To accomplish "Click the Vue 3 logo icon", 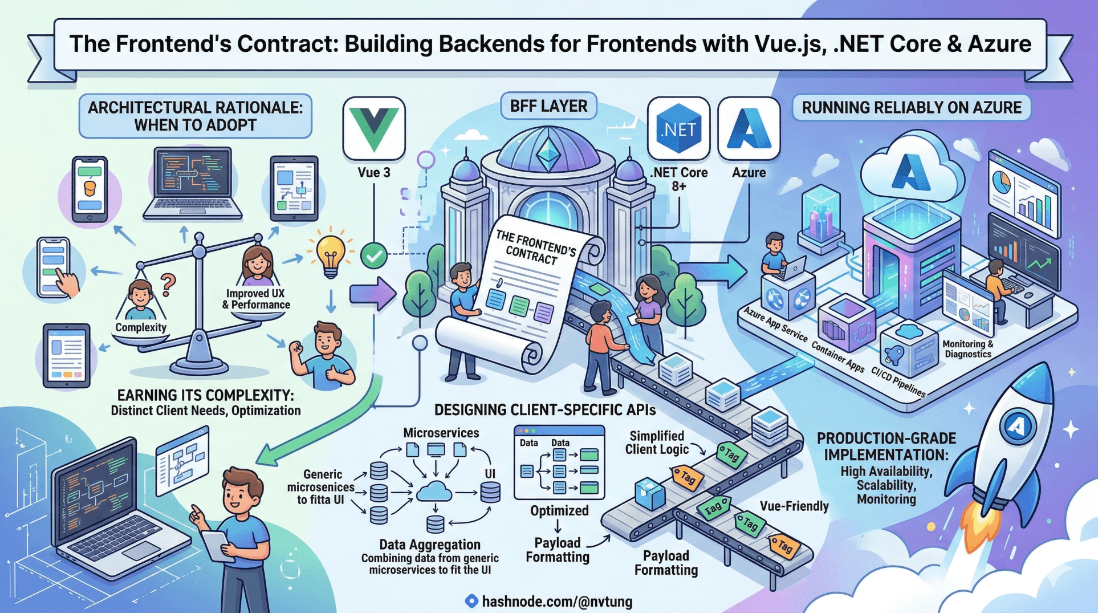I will [374, 129].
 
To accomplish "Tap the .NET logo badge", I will [678, 129].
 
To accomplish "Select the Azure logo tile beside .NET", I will [749, 129].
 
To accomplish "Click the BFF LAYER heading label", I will [548, 106].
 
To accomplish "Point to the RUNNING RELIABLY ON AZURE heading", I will [911, 108].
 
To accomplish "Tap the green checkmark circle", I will [374, 257].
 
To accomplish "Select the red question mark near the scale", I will [168, 284].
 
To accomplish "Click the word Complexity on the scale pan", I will [141, 327].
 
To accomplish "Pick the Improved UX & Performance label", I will [256, 299].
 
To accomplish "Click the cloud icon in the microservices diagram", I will [435, 491].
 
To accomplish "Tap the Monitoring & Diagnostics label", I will [967, 349].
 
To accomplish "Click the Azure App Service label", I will [775, 324].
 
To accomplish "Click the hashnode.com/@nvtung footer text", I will [556, 602].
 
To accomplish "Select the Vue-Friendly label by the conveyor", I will [794, 506].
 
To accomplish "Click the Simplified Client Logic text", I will [657, 443].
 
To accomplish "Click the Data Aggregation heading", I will [430, 545].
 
